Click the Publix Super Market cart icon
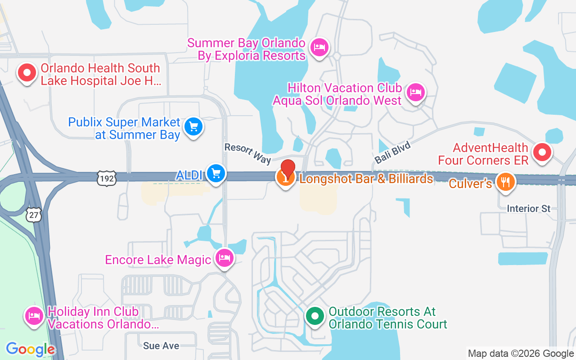tap(194, 126)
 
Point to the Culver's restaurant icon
tap(505, 182)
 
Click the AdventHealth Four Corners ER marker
tap(542, 152)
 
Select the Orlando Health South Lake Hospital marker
tap(27, 72)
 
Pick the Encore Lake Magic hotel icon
tap(224, 258)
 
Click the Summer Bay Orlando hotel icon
tap(319, 46)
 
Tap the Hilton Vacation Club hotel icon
tap(415, 92)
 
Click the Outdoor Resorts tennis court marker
tap(315, 315)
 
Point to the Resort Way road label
tap(247, 153)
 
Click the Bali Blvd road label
tap(392, 152)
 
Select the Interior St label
tap(528, 209)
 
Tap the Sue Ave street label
tap(161, 346)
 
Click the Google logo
tap(31, 349)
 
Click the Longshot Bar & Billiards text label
tap(366, 179)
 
